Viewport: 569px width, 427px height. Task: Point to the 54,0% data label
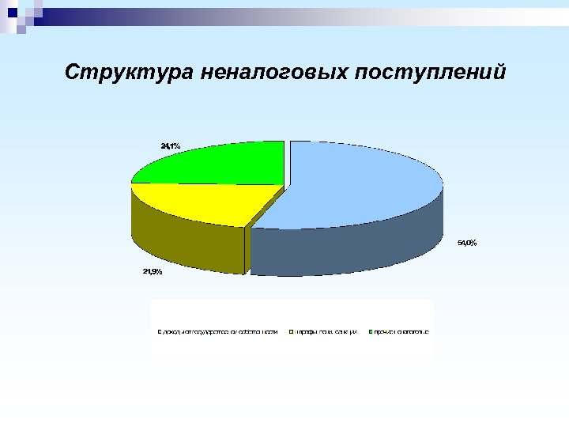tap(467, 243)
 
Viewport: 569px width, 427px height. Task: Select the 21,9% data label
tap(153, 272)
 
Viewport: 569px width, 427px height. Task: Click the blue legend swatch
tap(159, 331)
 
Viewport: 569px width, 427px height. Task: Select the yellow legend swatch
tap(292, 331)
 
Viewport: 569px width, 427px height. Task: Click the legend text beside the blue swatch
tap(220, 331)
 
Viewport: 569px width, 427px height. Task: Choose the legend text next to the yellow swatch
tap(326, 331)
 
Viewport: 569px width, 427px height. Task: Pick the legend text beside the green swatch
tap(401, 331)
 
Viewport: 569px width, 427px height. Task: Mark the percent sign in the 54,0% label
tap(473, 243)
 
